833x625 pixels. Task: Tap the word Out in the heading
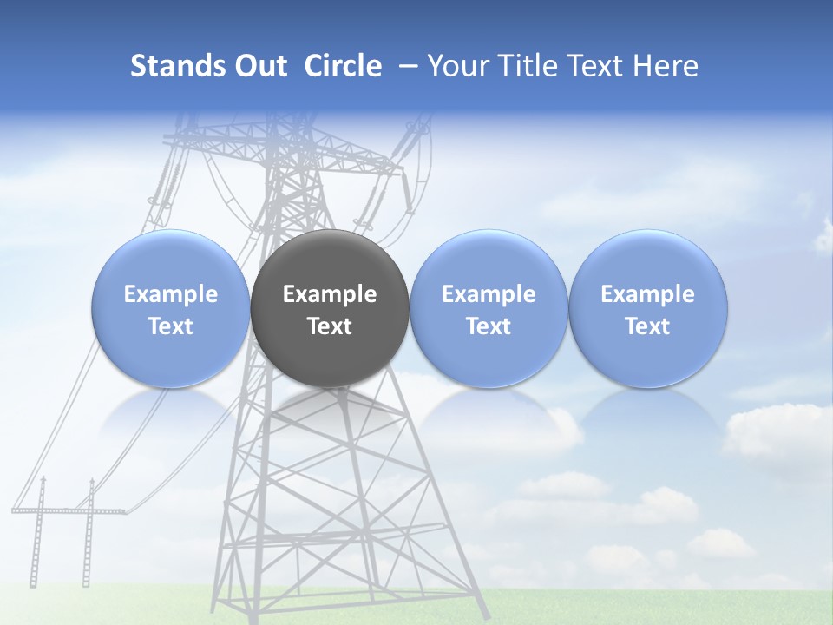click(x=260, y=66)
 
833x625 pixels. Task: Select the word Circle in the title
click(x=343, y=66)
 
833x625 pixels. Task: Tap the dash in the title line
click(x=404, y=66)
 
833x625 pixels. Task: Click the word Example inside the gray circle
click(x=330, y=294)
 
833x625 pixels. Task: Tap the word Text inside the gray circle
click(x=330, y=326)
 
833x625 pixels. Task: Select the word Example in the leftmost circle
click(x=170, y=294)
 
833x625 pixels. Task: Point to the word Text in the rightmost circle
click(x=648, y=326)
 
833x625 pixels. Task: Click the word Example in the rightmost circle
click(x=648, y=294)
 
